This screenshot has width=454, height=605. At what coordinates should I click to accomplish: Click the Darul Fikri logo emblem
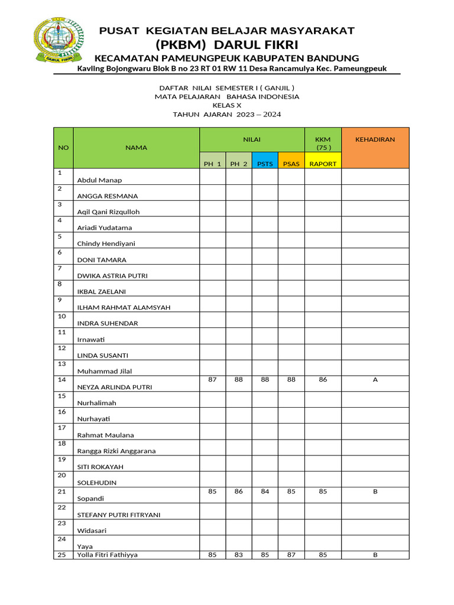click(58, 40)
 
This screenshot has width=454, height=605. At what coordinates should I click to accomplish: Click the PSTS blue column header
click(265, 164)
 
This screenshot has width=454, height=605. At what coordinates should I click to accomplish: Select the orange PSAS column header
click(291, 164)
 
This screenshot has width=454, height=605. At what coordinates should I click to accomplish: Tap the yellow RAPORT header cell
click(323, 164)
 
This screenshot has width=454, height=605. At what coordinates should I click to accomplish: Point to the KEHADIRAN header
click(375, 139)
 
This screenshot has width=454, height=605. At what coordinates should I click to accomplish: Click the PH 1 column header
click(212, 164)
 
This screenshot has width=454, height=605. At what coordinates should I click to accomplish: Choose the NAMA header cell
click(136, 147)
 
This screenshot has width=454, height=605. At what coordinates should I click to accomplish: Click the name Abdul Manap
click(99, 180)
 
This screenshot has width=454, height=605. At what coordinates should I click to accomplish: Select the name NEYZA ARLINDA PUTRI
click(115, 387)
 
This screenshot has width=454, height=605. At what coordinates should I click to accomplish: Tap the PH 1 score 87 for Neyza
click(212, 379)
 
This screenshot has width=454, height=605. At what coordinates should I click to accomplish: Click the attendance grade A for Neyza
click(375, 380)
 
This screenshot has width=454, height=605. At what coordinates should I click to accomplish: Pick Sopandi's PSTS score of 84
click(265, 491)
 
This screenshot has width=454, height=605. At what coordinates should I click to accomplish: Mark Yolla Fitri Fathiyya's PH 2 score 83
click(238, 555)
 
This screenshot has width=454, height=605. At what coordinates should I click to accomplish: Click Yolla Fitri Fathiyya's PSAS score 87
click(291, 555)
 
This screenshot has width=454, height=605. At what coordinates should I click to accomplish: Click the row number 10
click(62, 316)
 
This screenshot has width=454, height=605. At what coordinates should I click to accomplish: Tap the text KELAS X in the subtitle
click(227, 105)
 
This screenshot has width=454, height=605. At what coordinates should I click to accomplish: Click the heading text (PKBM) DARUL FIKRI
click(227, 45)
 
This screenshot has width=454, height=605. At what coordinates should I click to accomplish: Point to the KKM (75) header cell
click(323, 143)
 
